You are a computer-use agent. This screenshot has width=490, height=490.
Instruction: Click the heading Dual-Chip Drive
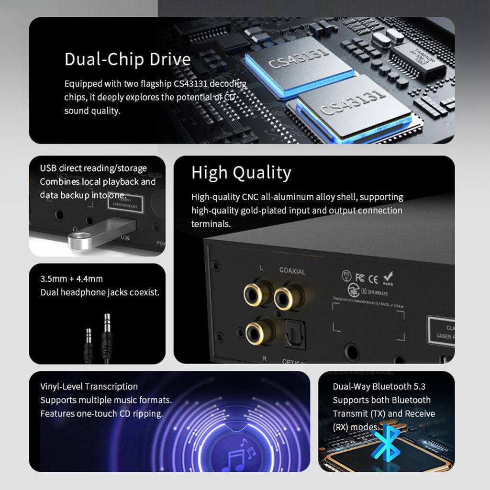pos(127,59)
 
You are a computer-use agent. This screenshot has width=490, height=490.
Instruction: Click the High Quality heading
pos(241,173)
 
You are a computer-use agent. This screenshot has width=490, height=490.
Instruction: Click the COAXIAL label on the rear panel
pos(292,271)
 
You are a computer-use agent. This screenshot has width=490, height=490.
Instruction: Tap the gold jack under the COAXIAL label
pos(289,296)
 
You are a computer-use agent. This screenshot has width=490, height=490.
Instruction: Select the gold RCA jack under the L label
pos(258,293)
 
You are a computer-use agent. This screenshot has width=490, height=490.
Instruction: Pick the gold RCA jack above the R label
pos(260,331)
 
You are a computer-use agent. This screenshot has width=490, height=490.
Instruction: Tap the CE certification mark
pos(373,278)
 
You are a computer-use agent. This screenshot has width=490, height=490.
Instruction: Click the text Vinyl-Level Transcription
pos(89,387)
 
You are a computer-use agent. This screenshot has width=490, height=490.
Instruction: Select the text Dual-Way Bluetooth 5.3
pos(379,387)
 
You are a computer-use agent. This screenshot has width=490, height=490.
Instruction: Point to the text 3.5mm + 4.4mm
pos(72,278)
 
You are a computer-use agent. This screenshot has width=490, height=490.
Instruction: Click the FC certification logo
pos(360,278)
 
